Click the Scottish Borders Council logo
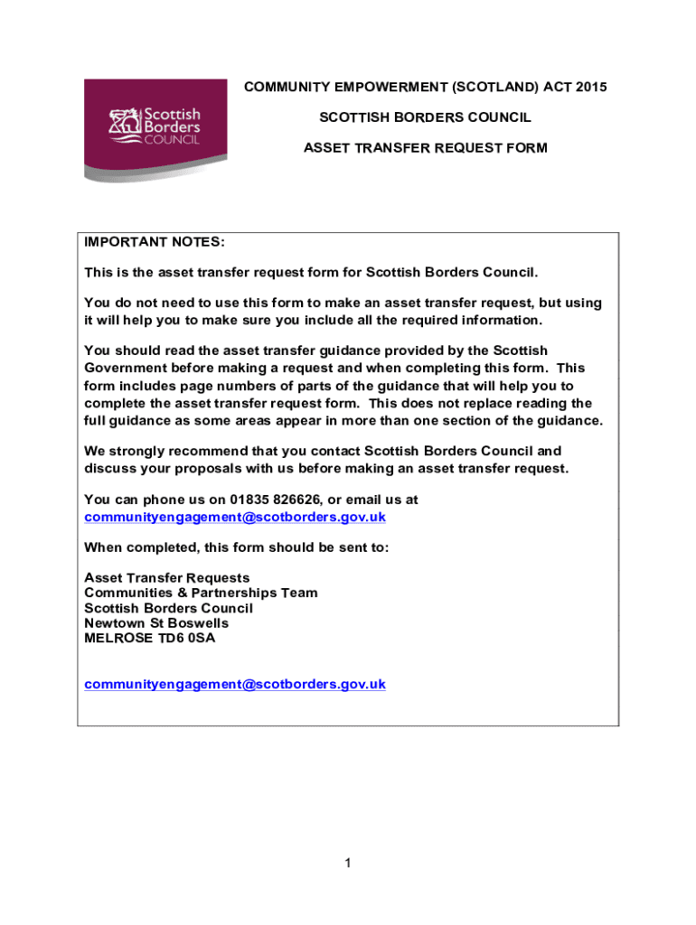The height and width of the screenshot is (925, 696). (x=155, y=129)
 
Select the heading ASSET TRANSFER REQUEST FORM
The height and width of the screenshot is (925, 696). (x=425, y=147)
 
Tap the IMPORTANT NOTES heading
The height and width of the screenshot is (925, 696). (x=154, y=243)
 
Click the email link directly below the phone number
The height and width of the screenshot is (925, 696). (x=235, y=517)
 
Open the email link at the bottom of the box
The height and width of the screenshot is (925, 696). (x=235, y=684)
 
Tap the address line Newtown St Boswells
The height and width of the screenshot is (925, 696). (x=156, y=623)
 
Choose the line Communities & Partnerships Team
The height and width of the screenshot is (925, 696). (x=201, y=593)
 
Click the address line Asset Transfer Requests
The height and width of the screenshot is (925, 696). (x=167, y=577)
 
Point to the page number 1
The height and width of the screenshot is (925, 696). (x=348, y=864)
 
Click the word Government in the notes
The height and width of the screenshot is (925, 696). (x=127, y=368)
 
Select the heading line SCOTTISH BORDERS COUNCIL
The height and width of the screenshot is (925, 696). (x=425, y=117)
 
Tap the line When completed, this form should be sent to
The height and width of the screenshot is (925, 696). (x=236, y=547)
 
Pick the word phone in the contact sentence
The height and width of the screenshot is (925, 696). (x=160, y=500)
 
